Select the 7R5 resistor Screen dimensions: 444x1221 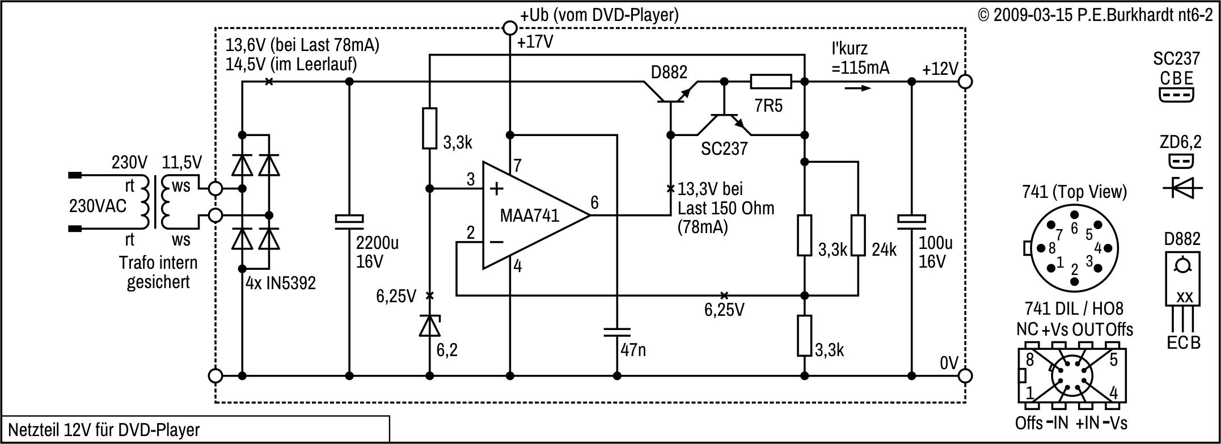tap(771, 82)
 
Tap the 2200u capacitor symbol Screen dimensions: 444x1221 tap(349, 221)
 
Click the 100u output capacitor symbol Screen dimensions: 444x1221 tap(911, 221)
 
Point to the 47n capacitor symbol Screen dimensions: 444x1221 tap(617, 332)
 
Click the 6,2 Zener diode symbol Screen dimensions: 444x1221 tap(430, 325)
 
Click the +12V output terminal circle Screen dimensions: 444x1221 tap(965, 82)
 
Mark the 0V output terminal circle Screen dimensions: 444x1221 tap(965, 375)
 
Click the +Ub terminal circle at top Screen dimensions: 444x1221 tap(510, 28)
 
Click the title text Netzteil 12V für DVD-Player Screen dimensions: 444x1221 tap(104, 429)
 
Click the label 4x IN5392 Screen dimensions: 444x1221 tap(281, 283)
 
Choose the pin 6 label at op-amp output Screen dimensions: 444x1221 tap(594, 202)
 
